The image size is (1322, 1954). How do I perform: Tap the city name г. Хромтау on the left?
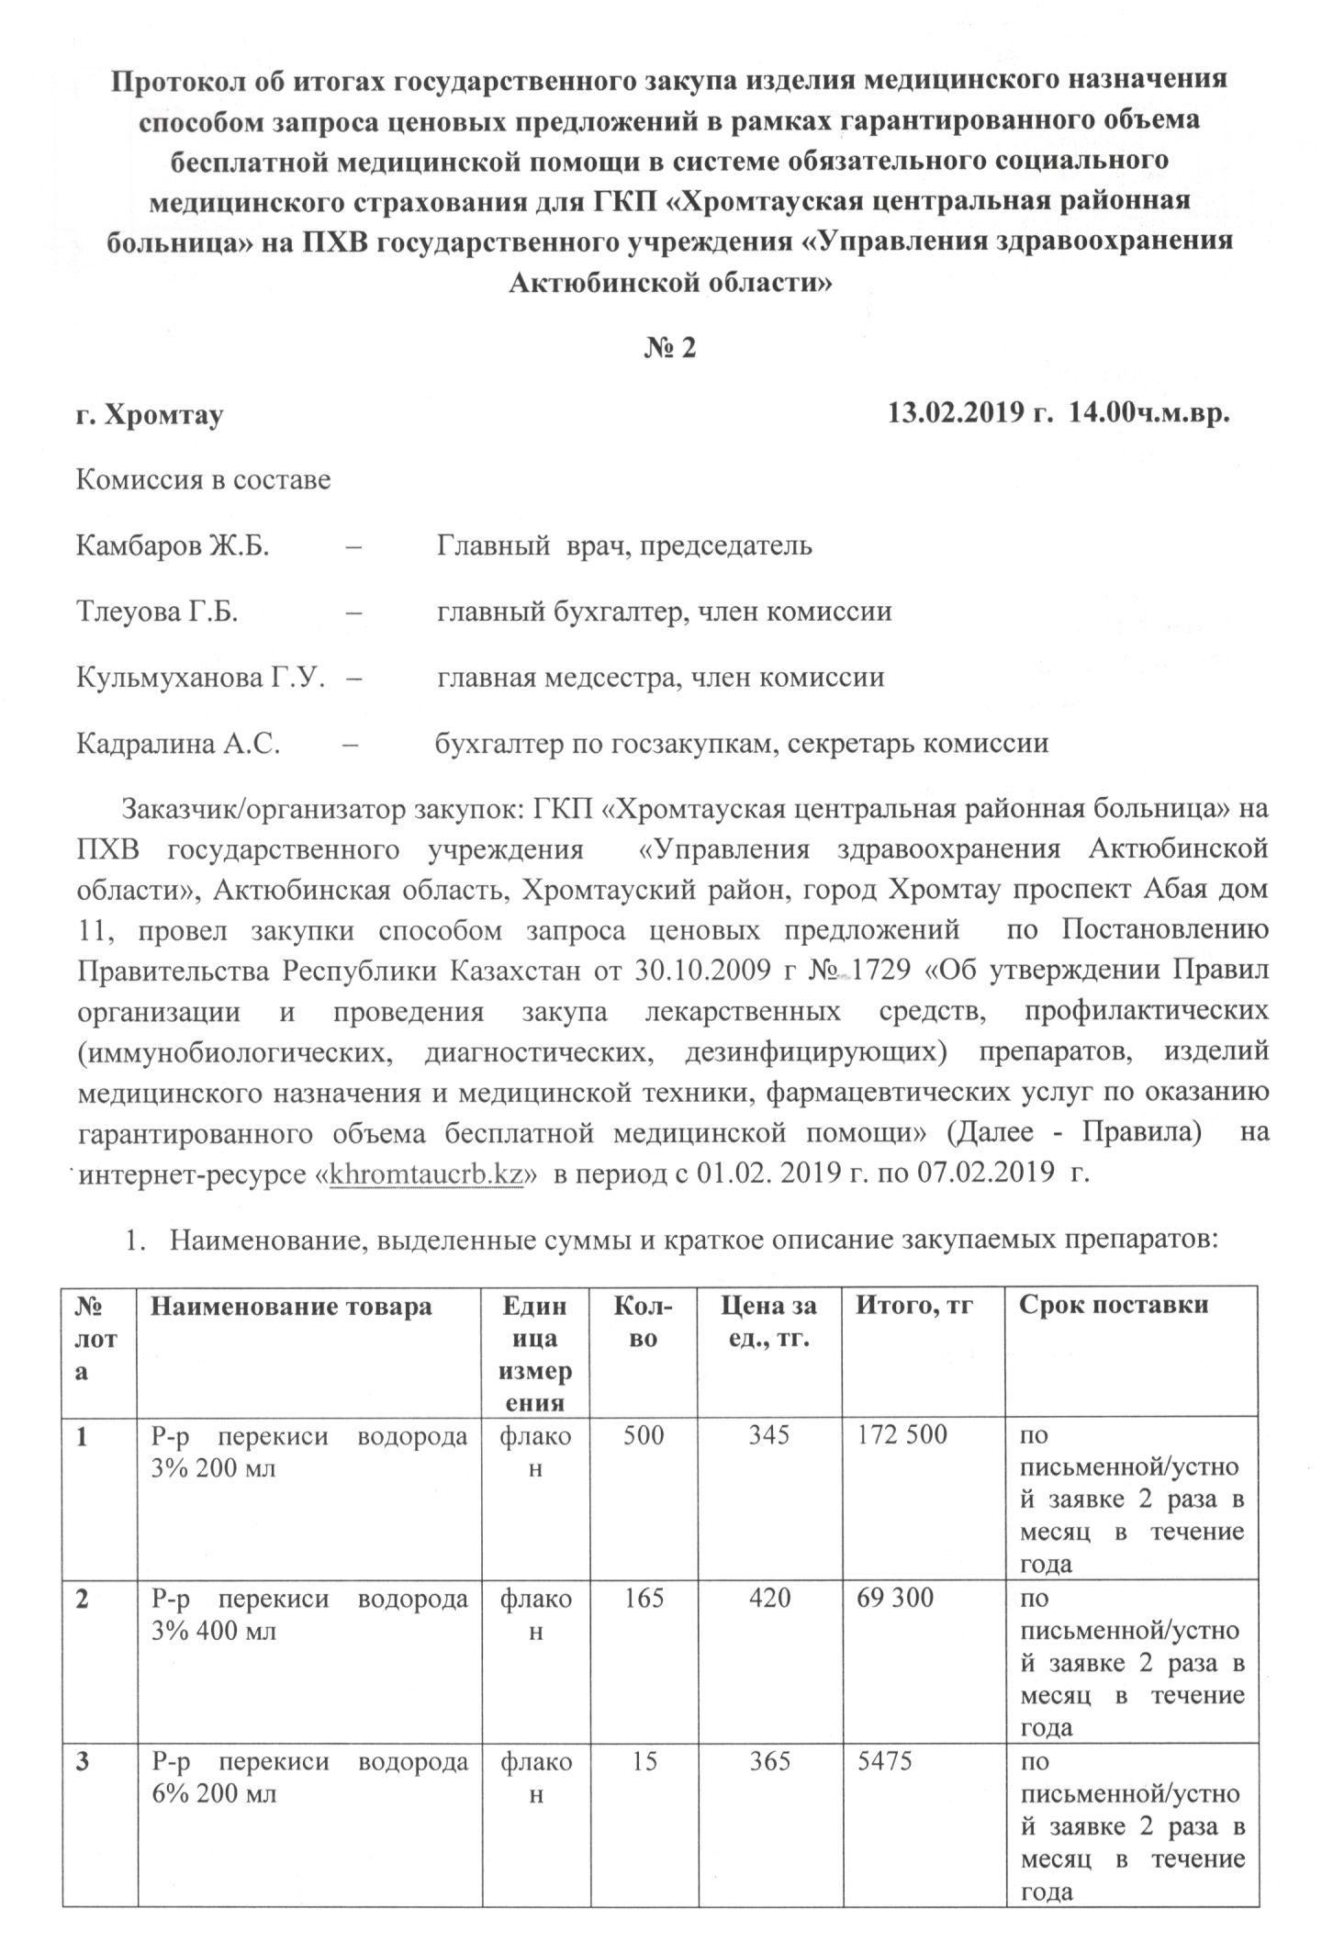click(x=150, y=415)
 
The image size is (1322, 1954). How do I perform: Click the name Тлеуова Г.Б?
click(x=157, y=612)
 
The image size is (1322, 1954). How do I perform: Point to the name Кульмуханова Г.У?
click(x=200, y=679)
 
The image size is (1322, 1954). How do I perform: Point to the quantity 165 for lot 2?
click(x=644, y=1599)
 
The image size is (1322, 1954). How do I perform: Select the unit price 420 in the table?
click(x=769, y=1599)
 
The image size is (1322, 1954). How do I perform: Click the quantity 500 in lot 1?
click(x=644, y=1435)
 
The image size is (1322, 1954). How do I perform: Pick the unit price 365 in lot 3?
click(x=769, y=1762)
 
